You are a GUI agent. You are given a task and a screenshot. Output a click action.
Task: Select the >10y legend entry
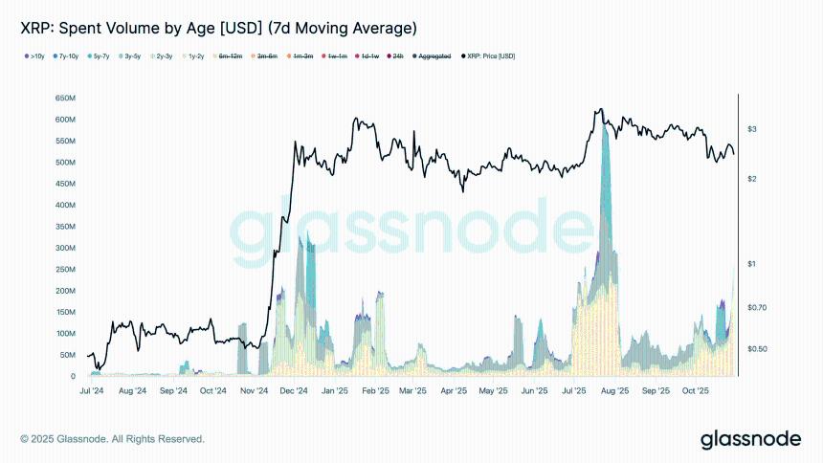point(34,56)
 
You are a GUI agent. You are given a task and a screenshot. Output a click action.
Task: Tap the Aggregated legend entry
point(432,56)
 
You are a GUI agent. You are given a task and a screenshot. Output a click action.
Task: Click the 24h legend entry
point(395,56)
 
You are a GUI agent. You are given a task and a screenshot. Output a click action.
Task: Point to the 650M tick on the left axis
point(66,99)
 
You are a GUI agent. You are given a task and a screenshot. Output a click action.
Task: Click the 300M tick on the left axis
point(66,248)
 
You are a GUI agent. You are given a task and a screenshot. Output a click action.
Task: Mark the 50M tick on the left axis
point(68,355)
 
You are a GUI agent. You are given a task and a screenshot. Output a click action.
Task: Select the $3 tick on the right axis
point(752,129)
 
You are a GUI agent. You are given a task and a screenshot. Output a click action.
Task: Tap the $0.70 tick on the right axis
point(757,307)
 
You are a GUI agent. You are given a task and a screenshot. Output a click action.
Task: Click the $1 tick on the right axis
point(752,264)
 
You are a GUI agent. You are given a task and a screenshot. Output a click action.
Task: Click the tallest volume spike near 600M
point(604,134)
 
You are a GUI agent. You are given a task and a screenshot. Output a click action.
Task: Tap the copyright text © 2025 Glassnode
point(112,439)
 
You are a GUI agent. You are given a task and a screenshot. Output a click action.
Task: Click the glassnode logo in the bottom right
point(750,439)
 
